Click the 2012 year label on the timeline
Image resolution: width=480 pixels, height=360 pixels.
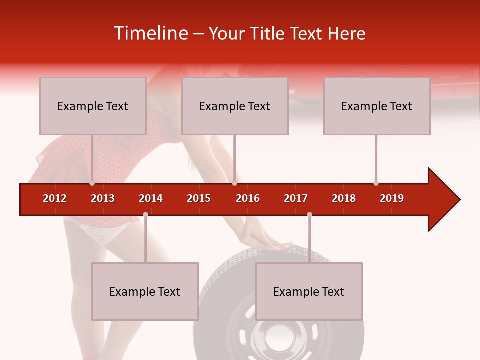[55, 198]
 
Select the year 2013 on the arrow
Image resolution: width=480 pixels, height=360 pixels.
[103, 198]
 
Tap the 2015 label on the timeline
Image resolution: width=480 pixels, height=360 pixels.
[199, 198]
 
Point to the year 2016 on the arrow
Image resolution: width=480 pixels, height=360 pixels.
[248, 198]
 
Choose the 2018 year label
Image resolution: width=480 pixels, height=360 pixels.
[344, 198]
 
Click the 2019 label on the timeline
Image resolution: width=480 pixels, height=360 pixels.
[392, 198]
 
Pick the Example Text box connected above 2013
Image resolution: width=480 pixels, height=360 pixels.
[93, 106]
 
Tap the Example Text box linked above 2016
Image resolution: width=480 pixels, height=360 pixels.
[235, 106]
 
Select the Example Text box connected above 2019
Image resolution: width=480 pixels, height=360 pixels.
[377, 106]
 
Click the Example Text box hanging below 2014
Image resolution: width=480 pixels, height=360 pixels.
[145, 291]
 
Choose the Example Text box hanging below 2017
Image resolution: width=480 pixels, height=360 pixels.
[309, 291]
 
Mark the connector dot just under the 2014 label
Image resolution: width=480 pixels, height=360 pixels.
[145, 214]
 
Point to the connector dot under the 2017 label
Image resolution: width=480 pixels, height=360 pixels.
[309, 214]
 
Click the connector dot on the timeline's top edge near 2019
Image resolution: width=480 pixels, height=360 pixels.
[376, 183]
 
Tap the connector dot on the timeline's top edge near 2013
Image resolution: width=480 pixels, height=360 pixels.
[92, 183]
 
